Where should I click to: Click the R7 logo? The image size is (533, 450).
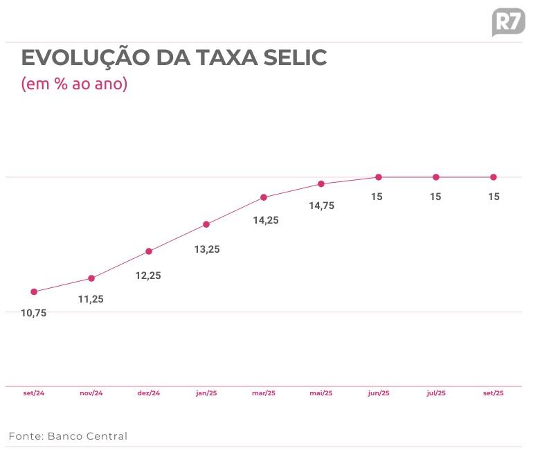click(x=507, y=21)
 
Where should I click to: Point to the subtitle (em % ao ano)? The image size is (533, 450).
click(x=75, y=84)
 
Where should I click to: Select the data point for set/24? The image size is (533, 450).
click(x=34, y=291)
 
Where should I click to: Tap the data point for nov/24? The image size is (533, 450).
click(x=91, y=278)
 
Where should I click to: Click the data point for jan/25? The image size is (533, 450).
click(x=206, y=224)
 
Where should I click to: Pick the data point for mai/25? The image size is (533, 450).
click(x=321, y=183)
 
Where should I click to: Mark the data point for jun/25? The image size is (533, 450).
click(x=379, y=177)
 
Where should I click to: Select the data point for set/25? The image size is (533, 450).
click(x=494, y=177)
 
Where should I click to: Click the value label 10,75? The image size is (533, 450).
click(x=33, y=313)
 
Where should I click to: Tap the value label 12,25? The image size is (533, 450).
click(x=148, y=276)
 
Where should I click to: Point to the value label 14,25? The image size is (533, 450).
click(x=264, y=220)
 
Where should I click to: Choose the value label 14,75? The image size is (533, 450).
click(x=321, y=206)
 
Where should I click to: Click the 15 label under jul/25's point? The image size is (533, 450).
click(x=435, y=197)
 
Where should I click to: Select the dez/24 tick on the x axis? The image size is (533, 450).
click(x=149, y=393)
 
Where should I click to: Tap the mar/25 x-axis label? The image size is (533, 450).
click(x=264, y=393)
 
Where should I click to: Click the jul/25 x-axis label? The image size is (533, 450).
click(x=436, y=393)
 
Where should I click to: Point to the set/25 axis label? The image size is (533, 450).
click(x=494, y=393)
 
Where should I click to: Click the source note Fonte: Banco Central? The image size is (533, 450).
click(x=68, y=436)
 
